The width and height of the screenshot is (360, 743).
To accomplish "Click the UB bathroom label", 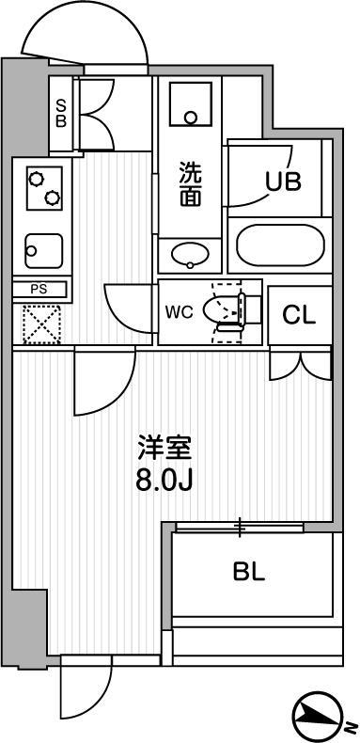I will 282,182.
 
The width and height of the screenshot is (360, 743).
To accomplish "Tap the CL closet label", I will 299,315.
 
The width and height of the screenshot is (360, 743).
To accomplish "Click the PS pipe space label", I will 39,290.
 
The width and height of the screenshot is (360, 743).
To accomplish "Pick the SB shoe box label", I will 60,113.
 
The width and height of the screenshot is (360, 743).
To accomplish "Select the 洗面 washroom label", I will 189,183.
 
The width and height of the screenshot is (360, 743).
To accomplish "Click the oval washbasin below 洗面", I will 191,254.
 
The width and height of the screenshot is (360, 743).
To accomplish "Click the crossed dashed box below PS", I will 39,324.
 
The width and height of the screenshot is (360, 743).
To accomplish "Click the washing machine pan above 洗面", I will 191,106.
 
